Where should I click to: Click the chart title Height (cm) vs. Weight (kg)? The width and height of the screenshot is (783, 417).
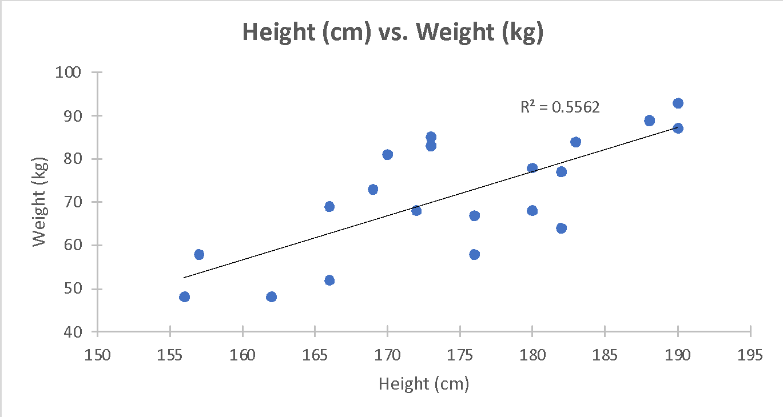click(392, 33)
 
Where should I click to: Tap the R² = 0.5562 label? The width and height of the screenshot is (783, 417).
click(560, 107)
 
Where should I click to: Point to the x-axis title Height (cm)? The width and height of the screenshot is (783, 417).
click(424, 384)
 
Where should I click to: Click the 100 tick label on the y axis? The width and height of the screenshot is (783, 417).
click(69, 73)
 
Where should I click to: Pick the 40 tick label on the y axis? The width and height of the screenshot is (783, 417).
click(73, 332)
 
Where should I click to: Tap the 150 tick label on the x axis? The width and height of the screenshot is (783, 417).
click(98, 355)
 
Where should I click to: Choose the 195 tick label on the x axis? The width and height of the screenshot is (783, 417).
click(750, 355)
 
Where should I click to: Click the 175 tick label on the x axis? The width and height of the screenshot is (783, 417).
click(460, 355)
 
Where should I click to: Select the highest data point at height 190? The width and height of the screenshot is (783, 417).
click(678, 103)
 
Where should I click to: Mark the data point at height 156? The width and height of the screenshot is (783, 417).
click(184, 297)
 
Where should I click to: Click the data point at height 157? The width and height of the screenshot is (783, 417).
click(199, 254)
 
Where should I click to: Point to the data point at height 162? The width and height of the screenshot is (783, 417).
click(271, 297)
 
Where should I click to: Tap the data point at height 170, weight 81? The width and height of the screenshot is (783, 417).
click(387, 155)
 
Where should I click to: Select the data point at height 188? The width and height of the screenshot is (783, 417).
click(649, 121)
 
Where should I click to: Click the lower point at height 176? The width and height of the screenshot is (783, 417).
click(474, 254)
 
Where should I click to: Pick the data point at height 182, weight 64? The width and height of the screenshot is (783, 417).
click(561, 228)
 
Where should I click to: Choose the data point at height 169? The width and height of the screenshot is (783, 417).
click(373, 189)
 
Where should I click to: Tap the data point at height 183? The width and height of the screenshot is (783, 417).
click(575, 142)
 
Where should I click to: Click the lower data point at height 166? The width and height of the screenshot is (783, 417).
click(329, 280)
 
